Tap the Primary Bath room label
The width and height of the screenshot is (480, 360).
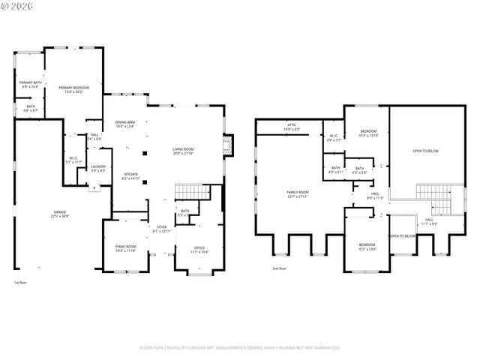pyautogui.click(x=31, y=85)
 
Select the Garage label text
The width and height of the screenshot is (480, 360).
pyautogui.click(x=61, y=214)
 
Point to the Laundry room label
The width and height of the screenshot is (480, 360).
pyautogui.click(x=98, y=169)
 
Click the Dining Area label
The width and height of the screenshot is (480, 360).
pyautogui.click(x=125, y=124)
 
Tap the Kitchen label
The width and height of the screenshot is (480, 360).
pyautogui.click(x=130, y=176)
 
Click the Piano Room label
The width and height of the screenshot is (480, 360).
pyautogui.click(x=125, y=248)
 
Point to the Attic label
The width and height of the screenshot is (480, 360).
pyautogui.click(x=292, y=127)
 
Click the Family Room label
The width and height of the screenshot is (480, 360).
pyautogui.click(x=298, y=194)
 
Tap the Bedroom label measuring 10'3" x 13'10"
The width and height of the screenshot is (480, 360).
pyautogui.click(x=368, y=133)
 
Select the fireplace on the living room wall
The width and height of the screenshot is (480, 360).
pyautogui.click(x=230, y=145)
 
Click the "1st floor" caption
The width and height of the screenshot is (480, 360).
pyautogui.click(x=21, y=283)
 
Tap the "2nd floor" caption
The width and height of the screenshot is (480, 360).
pyautogui.click(x=279, y=268)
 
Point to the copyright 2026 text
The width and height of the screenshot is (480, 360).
pyautogui.click(x=17, y=6)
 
